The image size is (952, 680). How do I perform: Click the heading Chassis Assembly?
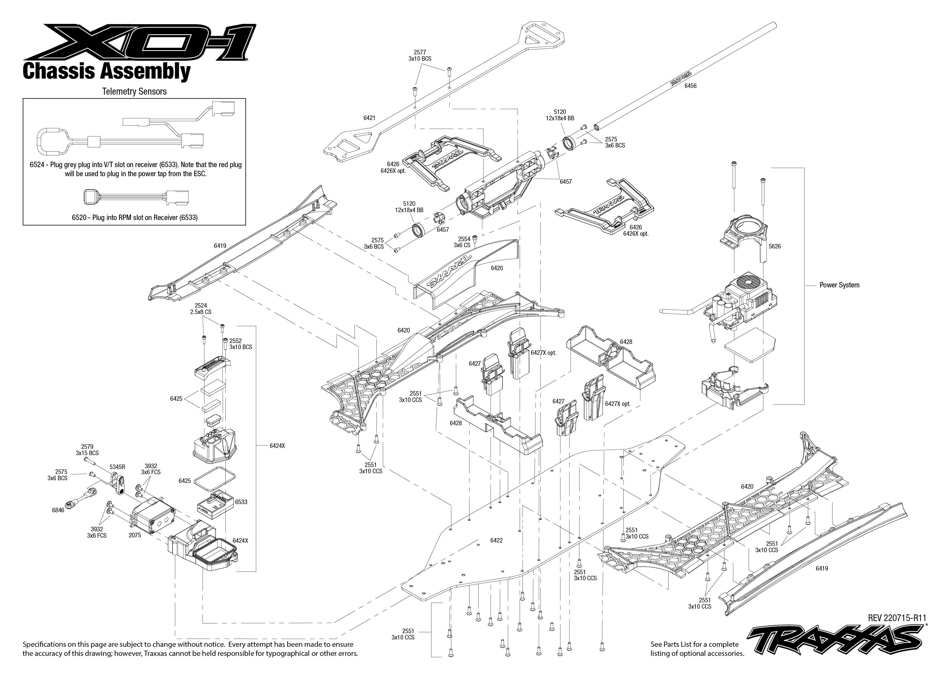pyautogui.click(x=107, y=71)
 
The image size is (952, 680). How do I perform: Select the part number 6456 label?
pyautogui.click(x=690, y=86)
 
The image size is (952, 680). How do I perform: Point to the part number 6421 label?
pyautogui.click(x=369, y=118)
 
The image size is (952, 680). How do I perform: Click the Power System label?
pyautogui.click(x=839, y=285)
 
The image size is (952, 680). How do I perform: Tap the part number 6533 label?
pyautogui.click(x=241, y=502)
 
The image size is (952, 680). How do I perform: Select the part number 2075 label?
pyautogui.click(x=135, y=535)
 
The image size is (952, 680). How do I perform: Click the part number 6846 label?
pyautogui.click(x=58, y=510)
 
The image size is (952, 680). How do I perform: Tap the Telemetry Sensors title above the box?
pyautogui.click(x=134, y=91)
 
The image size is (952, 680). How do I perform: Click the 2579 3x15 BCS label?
pyautogui.click(x=87, y=450)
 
